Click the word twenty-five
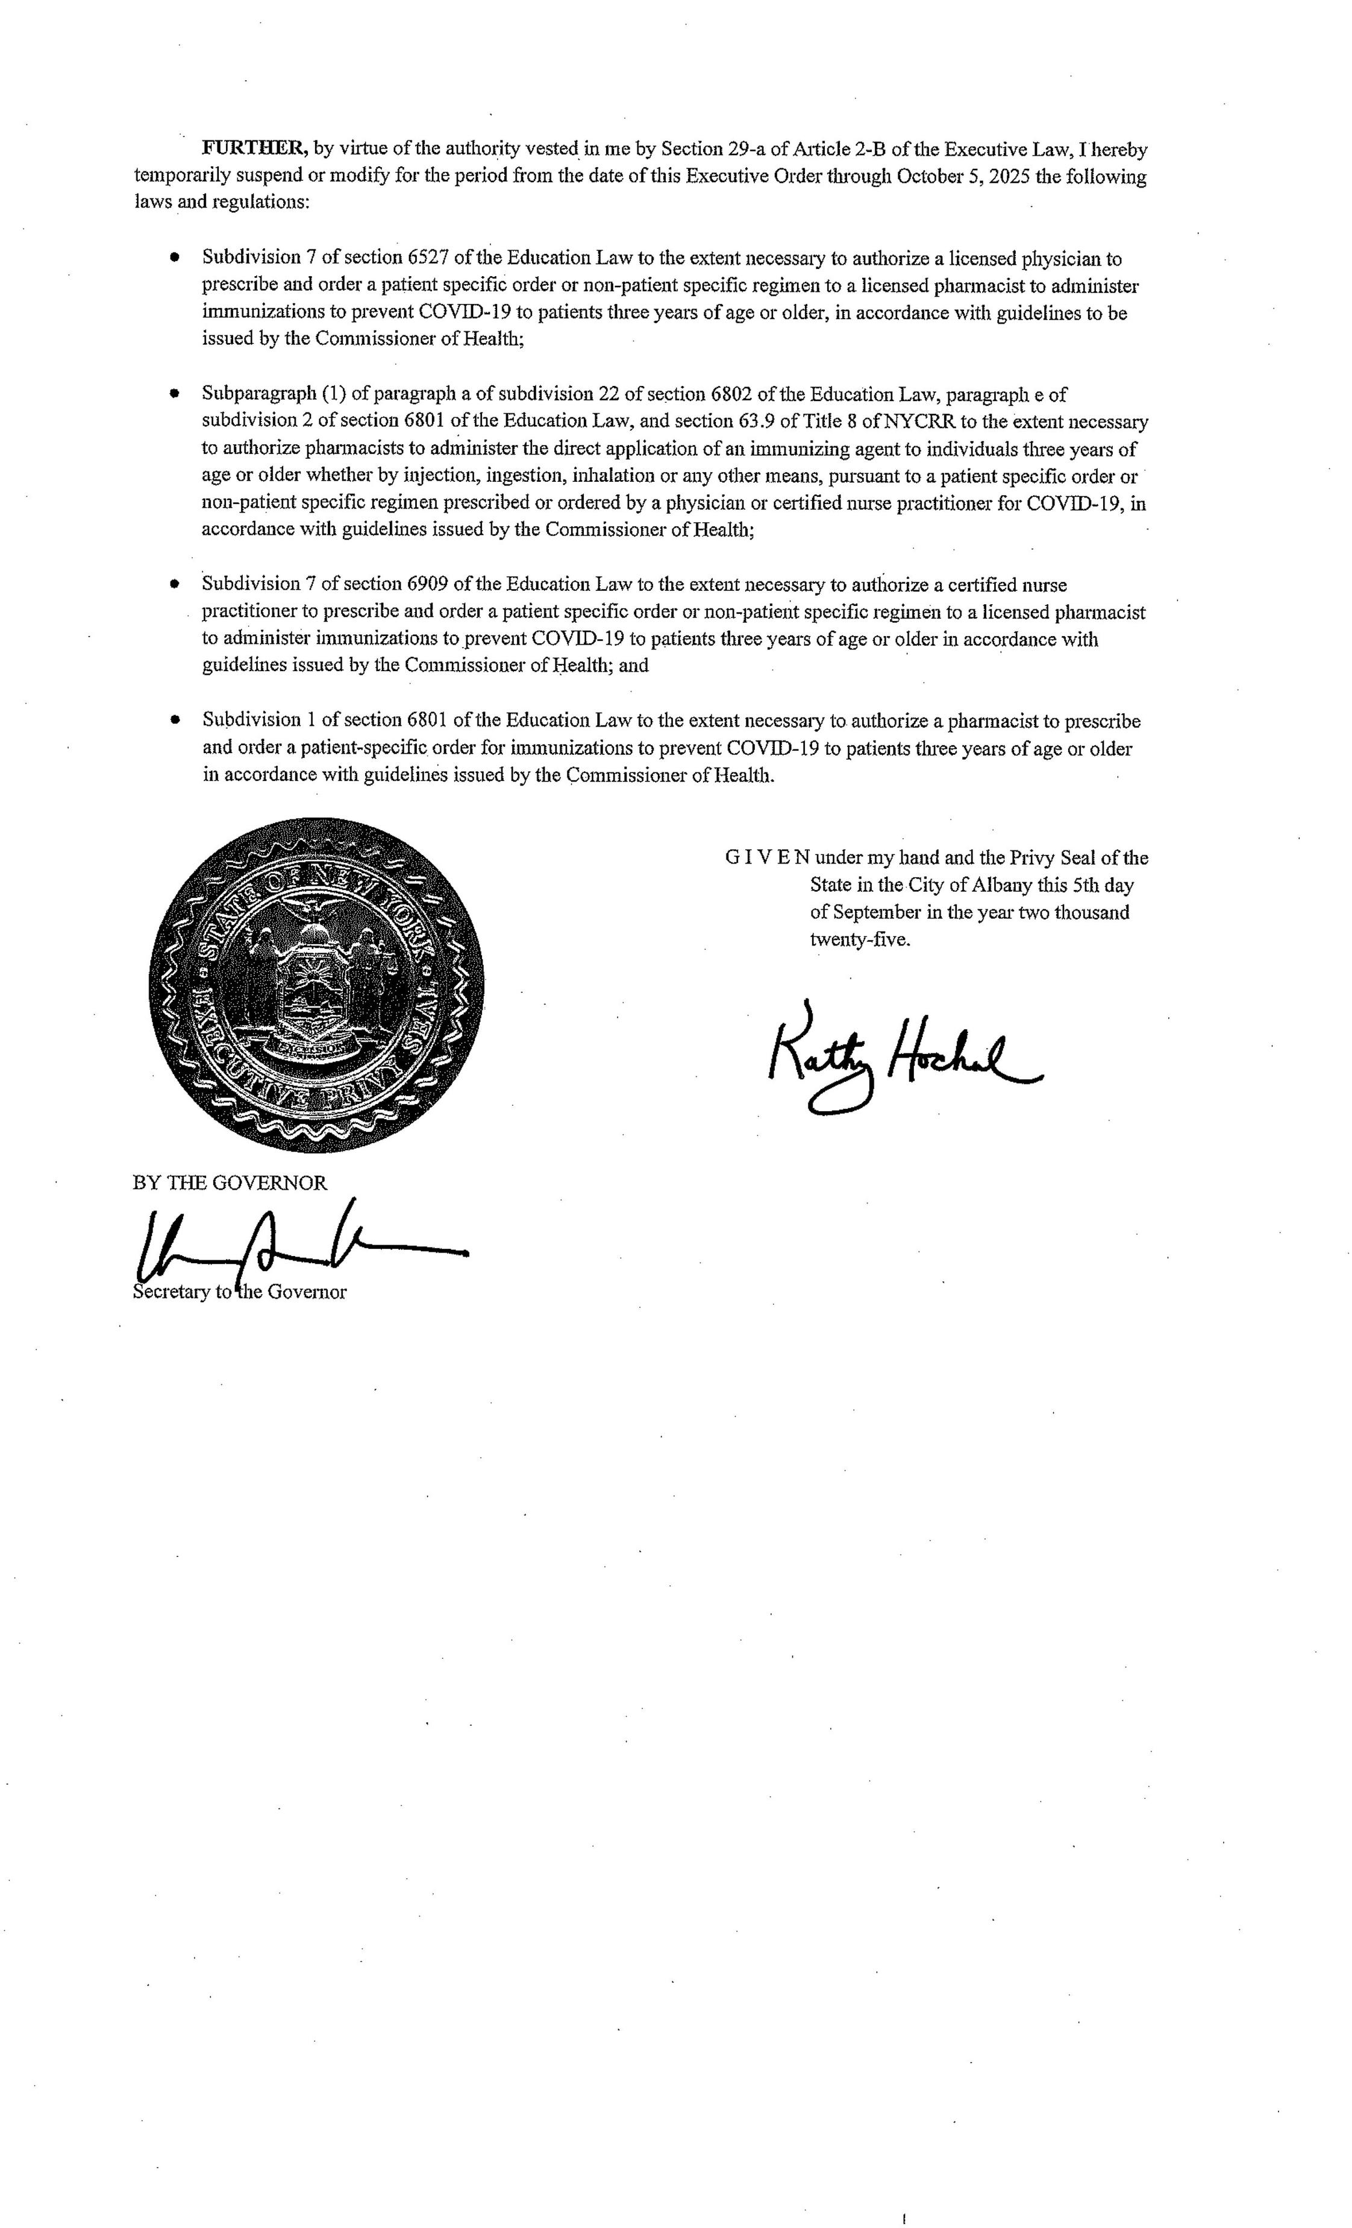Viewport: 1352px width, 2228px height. tap(859, 939)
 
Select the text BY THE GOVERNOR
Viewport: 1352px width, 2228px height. tap(230, 1182)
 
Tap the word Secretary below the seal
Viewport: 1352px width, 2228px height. tap(171, 1292)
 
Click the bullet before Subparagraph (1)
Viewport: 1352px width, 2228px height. tap(175, 394)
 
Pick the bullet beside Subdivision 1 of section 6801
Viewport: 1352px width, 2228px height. tap(175, 721)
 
